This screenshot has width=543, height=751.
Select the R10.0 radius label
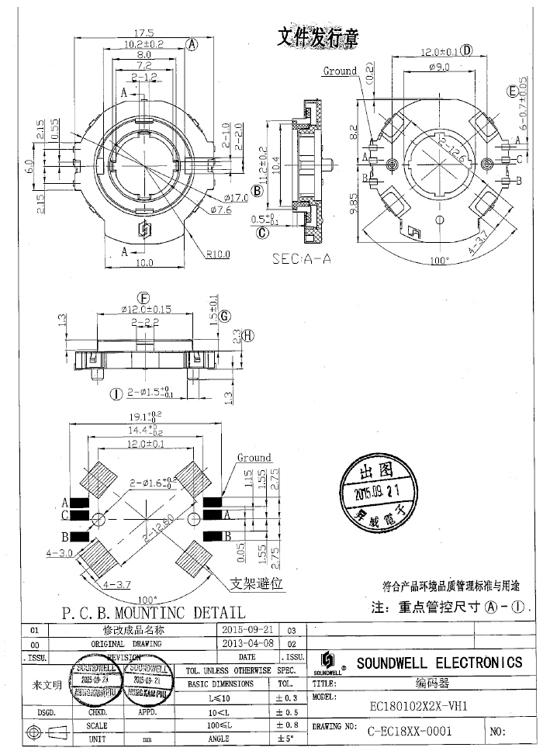click(x=219, y=253)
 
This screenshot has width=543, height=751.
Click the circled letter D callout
click(x=467, y=51)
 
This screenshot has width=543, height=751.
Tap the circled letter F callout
click(x=143, y=298)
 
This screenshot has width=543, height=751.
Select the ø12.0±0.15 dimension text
click(x=143, y=310)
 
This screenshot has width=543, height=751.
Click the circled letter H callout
click(x=248, y=335)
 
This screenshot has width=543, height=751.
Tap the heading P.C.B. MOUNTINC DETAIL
click(x=153, y=613)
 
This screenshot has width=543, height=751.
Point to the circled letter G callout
click(x=225, y=317)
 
